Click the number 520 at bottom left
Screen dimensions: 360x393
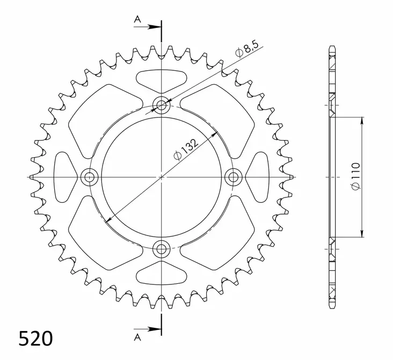tap(36, 339)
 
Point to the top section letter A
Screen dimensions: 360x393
tap(137, 20)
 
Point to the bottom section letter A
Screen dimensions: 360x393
tap(137, 336)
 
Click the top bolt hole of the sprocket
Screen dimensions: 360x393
tap(161, 105)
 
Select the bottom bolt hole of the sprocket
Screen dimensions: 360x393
tap(161, 248)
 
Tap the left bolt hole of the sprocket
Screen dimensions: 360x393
tap(89, 177)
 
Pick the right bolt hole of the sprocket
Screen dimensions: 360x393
tap(233, 177)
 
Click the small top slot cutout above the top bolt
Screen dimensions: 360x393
tap(161, 80)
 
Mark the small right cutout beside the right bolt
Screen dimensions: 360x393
tap(257, 177)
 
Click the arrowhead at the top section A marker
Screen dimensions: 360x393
tap(157, 26)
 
